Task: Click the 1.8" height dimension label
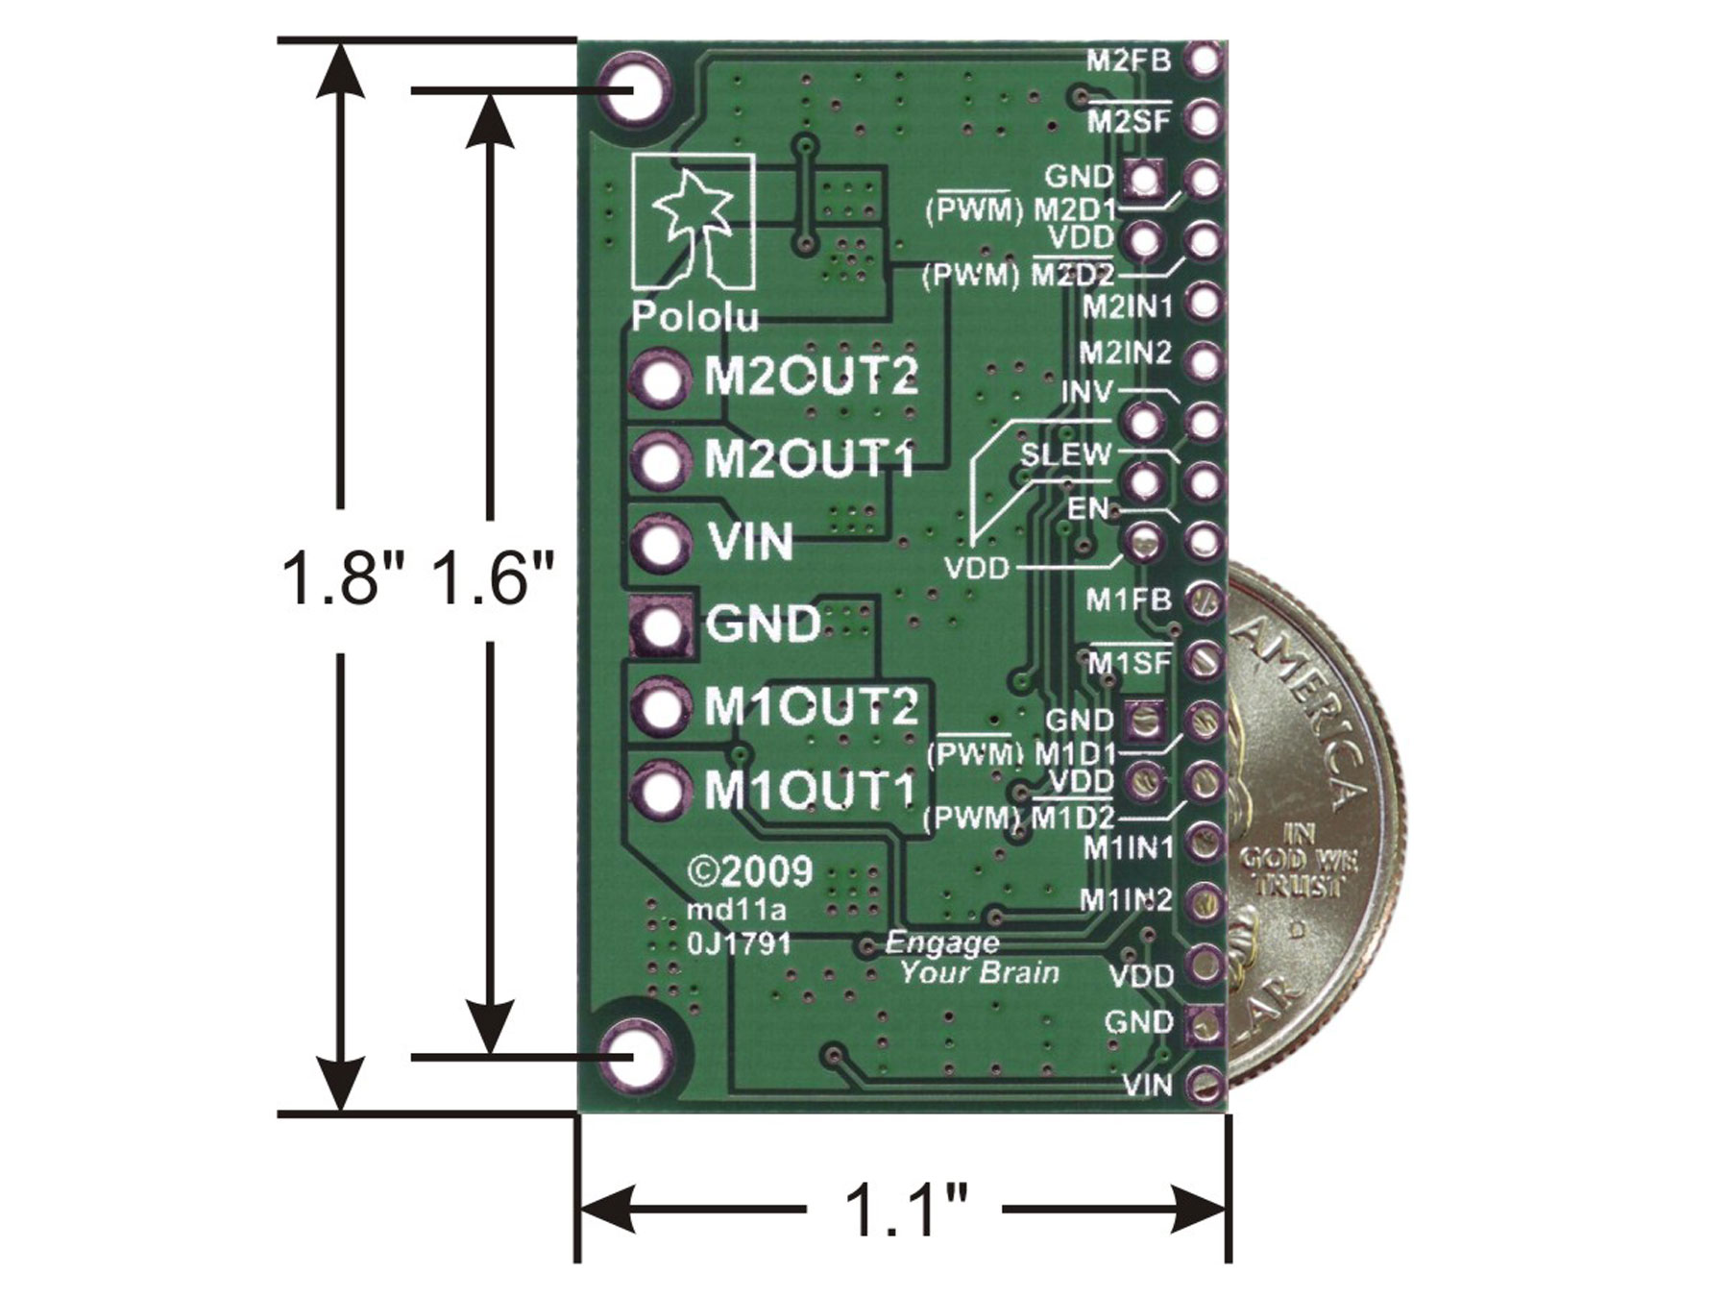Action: click(341, 579)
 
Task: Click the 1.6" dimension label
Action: click(493, 579)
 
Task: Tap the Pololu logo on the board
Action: click(694, 240)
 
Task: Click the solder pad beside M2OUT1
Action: click(661, 462)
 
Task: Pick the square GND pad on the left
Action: click(662, 626)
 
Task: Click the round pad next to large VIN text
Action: click(661, 544)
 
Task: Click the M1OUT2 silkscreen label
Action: click(812, 708)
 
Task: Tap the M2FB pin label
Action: click(1129, 61)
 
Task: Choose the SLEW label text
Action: click(1065, 454)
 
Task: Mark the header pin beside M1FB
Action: click(1203, 601)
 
